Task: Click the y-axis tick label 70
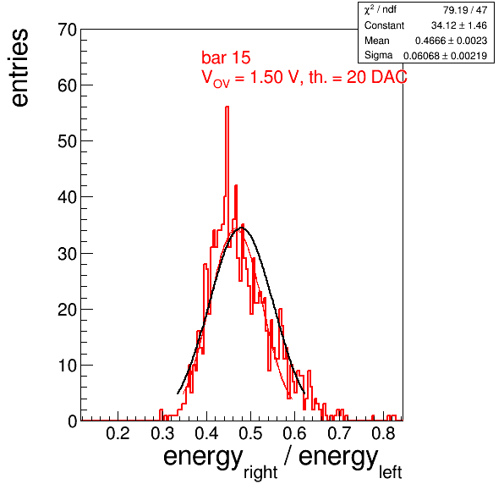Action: [x=67, y=30]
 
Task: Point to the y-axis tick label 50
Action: [x=67, y=141]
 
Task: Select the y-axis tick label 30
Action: [x=67, y=254]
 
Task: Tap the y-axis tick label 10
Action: [x=67, y=366]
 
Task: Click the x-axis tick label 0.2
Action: [x=118, y=433]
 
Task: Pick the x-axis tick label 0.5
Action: [x=250, y=433]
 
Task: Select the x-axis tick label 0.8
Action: [x=383, y=433]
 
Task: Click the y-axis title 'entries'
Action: [x=20, y=68]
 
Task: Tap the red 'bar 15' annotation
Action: [x=226, y=58]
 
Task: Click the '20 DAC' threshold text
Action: [x=376, y=77]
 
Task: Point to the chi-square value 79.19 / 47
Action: [x=465, y=10]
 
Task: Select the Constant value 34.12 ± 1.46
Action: [x=459, y=25]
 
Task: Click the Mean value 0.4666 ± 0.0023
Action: [x=451, y=41]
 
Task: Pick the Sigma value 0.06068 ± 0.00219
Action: [x=445, y=56]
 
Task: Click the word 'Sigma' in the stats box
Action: [x=378, y=55]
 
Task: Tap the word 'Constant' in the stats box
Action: [x=384, y=25]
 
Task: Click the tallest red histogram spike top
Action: [x=227, y=107]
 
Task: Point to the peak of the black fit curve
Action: [x=242, y=228]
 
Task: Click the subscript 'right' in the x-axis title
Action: [x=260, y=472]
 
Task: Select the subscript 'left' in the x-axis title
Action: [x=391, y=472]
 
